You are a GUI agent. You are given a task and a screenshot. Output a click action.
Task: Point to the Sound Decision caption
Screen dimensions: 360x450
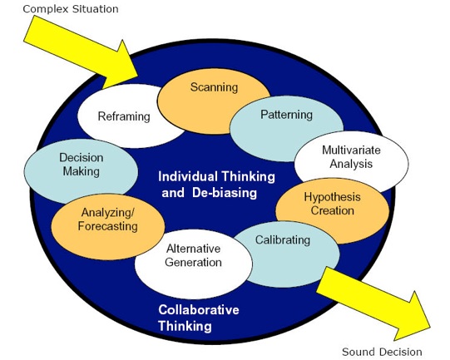(382, 352)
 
